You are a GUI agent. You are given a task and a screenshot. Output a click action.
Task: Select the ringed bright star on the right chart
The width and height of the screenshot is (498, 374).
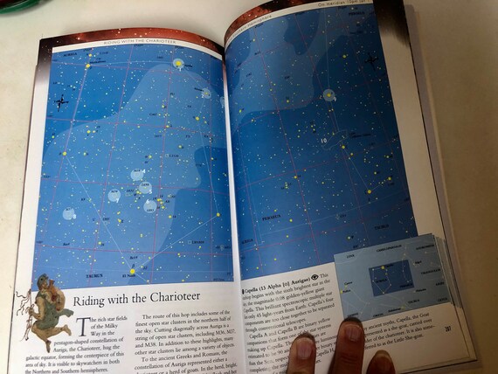click(x=328, y=93)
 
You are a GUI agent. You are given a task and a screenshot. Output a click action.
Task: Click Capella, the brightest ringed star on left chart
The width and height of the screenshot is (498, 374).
click(x=179, y=64)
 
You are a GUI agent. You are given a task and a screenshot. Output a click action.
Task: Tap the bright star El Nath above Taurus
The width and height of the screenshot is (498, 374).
click(x=133, y=272)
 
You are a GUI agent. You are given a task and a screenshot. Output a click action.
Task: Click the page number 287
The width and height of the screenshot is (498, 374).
click(x=446, y=328)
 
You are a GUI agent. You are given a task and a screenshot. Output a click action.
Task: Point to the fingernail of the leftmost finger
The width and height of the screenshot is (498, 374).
click(x=302, y=350)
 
